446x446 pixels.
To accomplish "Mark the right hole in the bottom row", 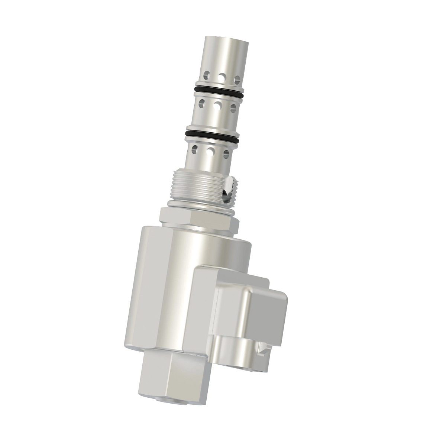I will [226, 154].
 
